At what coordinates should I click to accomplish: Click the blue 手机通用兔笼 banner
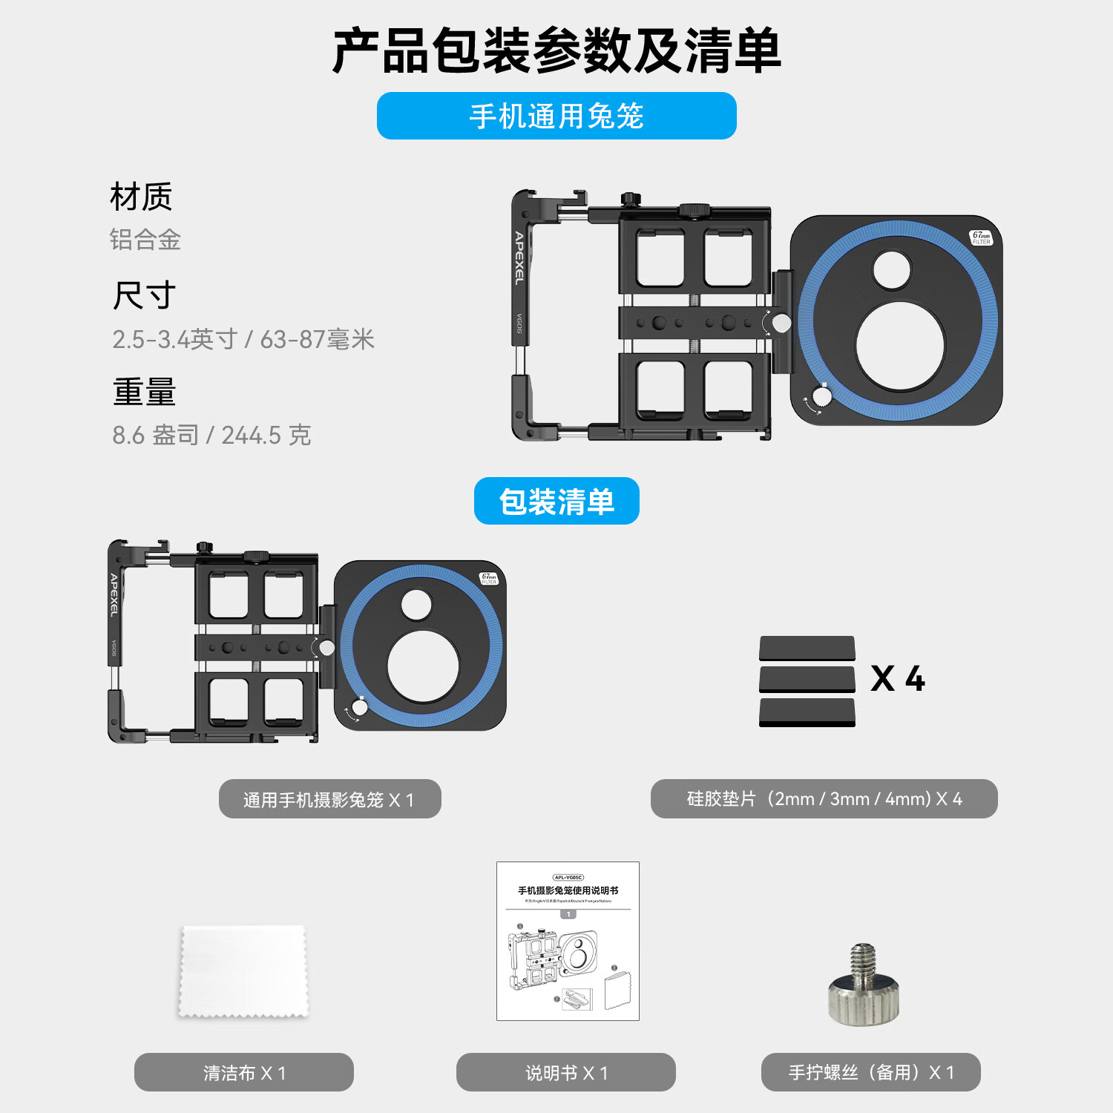(x=556, y=116)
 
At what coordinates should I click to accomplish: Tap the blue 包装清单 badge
(x=556, y=502)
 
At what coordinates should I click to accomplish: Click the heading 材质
(x=141, y=197)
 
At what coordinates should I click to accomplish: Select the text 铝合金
(x=145, y=240)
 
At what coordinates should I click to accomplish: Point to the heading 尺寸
(x=144, y=295)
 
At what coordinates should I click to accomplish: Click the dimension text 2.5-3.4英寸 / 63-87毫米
(x=243, y=339)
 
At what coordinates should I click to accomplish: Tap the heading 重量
(x=144, y=392)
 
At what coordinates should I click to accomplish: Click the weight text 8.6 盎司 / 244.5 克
(x=211, y=435)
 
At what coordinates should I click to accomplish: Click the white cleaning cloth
(x=243, y=971)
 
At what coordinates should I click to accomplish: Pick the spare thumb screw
(x=864, y=985)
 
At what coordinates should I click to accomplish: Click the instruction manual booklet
(x=568, y=941)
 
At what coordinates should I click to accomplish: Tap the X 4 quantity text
(x=898, y=679)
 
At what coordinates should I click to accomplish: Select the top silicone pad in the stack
(x=807, y=648)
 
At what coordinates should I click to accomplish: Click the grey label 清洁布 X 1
(x=244, y=1072)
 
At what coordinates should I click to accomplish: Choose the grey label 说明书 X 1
(x=566, y=1072)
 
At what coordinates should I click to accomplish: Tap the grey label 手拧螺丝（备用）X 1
(x=871, y=1072)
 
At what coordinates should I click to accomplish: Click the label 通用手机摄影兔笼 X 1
(x=329, y=799)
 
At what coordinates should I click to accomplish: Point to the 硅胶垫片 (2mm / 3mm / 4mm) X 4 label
(x=824, y=799)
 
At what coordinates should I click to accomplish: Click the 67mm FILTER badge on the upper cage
(x=981, y=237)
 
